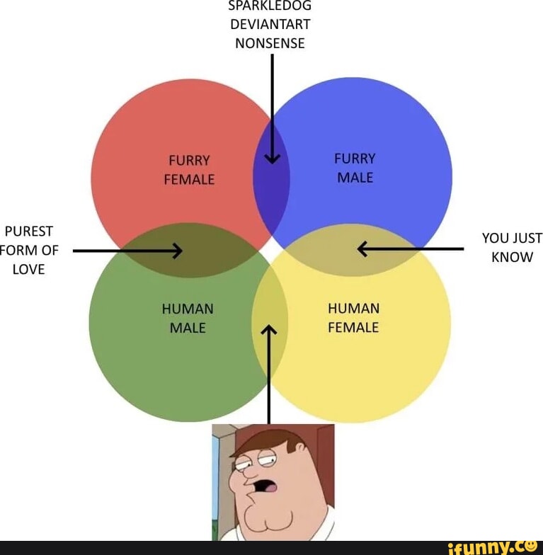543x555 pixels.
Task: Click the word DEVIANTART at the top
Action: (x=270, y=24)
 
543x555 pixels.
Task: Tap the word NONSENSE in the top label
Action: (x=270, y=43)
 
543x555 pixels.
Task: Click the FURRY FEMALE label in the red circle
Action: (x=189, y=170)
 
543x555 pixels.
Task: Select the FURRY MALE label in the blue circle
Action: (x=355, y=168)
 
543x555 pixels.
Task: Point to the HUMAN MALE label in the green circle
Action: (x=188, y=319)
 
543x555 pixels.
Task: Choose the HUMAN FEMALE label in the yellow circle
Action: (x=354, y=318)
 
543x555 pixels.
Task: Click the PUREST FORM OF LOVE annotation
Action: (x=28, y=251)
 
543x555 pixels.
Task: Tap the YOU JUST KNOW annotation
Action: (x=512, y=248)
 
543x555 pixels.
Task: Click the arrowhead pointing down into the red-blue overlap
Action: (x=272, y=159)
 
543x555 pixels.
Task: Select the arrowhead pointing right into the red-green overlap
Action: (x=177, y=251)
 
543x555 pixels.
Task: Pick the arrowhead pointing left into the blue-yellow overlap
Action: (x=362, y=249)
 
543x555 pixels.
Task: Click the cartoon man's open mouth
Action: (x=264, y=486)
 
